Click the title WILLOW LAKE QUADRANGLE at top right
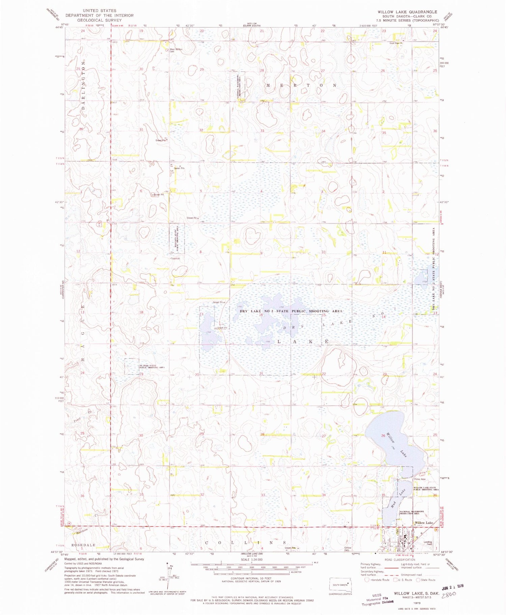pyautogui.click(x=407, y=12)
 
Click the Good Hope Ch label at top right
pyautogui.click(x=396, y=43)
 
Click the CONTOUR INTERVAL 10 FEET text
pyautogui.click(x=251, y=578)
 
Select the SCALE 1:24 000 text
pyautogui.click(x=251, y=559)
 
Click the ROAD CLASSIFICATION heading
pyautogui.click(x=400, y=559)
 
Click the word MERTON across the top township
pyautogui.click(x=301, y=85)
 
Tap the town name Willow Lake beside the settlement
pyautogui.click(x=424, y=523)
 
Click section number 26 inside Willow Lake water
pyautogui.click(x=383, y=436)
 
